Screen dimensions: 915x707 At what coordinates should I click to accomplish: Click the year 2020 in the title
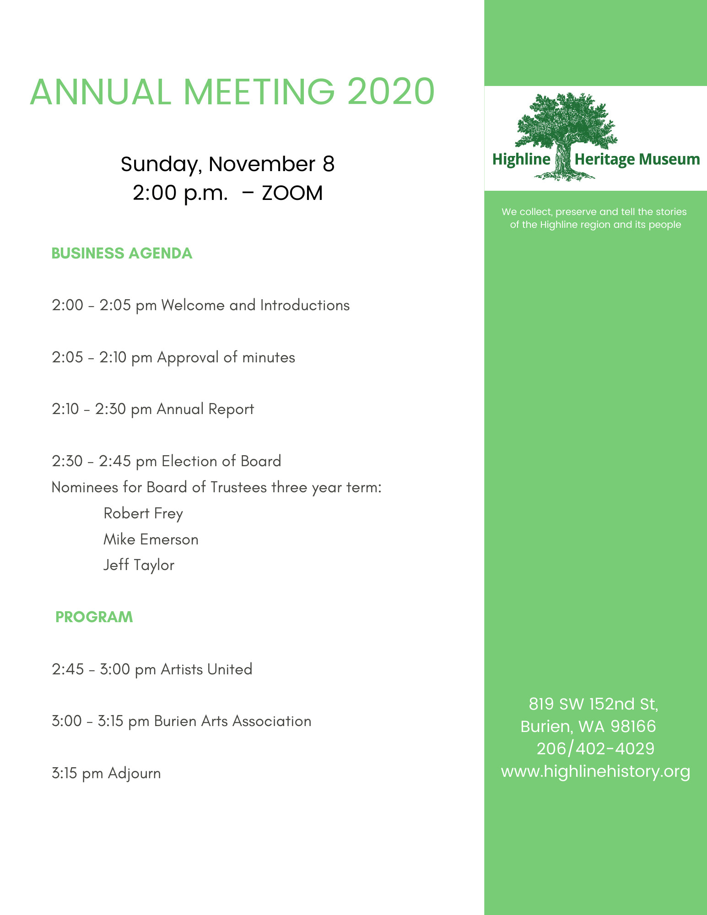pos(390,91)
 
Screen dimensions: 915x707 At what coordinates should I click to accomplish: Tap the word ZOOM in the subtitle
pos(292,193)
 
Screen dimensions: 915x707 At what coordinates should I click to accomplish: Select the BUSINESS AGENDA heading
pos(122,253)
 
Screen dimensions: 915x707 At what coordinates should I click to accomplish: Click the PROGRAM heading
pos(94,617)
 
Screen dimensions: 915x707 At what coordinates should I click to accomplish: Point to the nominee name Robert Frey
pos(143,513)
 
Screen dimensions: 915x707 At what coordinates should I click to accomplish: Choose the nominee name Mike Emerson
pos(151,539)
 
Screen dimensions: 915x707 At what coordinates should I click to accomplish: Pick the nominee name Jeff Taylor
pos(139,565)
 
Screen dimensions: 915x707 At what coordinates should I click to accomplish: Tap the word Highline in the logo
pos(521,159)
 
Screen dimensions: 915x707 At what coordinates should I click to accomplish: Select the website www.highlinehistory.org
pos(595,771)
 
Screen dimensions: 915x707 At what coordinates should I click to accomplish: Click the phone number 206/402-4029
pos(595,749)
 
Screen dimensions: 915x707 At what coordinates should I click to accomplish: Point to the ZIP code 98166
pos(633,727)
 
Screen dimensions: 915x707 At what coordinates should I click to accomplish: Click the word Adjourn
pos(135,773)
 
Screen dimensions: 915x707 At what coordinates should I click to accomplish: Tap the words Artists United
pos(206,669)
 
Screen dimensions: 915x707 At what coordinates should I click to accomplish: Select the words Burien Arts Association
pos(232,721)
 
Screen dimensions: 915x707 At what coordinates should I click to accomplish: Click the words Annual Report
pos(205,409)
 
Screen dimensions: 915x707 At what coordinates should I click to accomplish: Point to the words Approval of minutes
pos(226,357)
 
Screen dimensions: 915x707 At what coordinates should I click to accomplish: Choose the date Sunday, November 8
pos(227,164)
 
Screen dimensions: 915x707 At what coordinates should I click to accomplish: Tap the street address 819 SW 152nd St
pos(593,704)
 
